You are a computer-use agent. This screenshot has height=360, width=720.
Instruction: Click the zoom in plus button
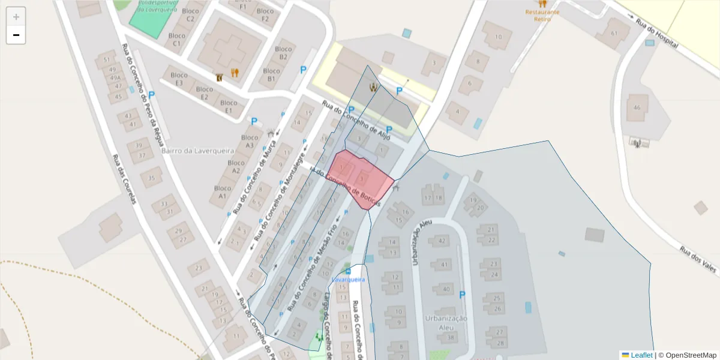click(x=16, y=16)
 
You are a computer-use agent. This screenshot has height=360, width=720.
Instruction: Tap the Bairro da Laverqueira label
click(x=197, y=151)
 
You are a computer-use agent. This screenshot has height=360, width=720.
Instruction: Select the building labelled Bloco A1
click(x=223, y=192)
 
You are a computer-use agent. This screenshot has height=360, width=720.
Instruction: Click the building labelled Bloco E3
click(x=178, y=79)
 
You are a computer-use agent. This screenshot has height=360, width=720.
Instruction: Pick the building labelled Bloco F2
click(x=265, y=15)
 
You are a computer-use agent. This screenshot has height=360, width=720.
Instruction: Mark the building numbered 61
click(x=613, y=33)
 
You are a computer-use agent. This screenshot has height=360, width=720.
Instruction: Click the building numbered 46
click(x=637, y=107)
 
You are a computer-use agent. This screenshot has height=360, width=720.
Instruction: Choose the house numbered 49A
click(x=114, y=78)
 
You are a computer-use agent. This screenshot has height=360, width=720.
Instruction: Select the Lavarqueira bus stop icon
click(x=349, y=271)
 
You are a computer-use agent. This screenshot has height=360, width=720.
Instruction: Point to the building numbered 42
click(x=442, y=241)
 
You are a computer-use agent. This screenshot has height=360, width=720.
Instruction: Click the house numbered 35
click(x=152, y=178)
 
